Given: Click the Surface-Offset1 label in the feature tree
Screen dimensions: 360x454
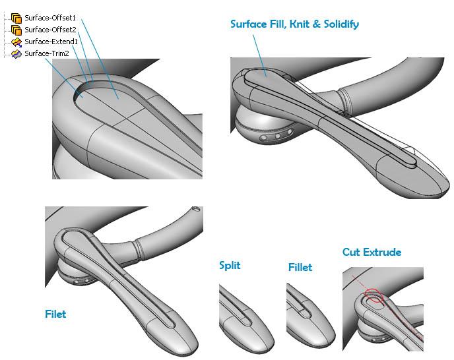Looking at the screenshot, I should (50, 18).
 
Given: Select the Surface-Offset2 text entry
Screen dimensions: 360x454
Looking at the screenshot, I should (50, 30).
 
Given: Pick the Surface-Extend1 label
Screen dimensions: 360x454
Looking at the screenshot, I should (51, 42).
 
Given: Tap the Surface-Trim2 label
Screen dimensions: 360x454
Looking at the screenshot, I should (47, 53).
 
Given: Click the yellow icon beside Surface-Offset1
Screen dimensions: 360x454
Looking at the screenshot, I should (16, 18).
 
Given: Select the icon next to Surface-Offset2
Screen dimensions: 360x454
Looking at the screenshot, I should (16, 30).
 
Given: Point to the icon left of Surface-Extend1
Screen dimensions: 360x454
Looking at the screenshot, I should (16, 42).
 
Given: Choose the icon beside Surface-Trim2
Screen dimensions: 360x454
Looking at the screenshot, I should (16, 53).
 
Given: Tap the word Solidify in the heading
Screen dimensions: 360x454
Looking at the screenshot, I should (339, 24).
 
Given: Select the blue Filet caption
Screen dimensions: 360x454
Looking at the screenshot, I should (55, 315).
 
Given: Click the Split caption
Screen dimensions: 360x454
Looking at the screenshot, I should (230, 265).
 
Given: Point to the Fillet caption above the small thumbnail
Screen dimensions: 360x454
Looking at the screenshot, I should (300, 268).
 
